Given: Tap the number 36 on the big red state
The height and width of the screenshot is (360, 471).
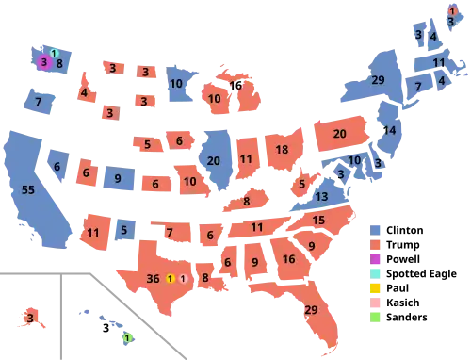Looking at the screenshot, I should (154, 278).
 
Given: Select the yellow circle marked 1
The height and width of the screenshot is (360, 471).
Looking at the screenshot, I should (170, 278).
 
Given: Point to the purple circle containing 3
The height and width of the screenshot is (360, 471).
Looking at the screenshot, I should (43, 63).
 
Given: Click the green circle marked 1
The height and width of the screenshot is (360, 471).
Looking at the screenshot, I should (128, 337).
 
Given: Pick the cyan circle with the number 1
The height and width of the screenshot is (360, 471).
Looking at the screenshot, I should (54, 53).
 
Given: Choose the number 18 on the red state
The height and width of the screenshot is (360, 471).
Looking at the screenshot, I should (282, 150).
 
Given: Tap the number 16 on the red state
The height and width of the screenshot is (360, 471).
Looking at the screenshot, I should (288, 258).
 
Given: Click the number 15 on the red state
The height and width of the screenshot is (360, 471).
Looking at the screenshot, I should (318, 220).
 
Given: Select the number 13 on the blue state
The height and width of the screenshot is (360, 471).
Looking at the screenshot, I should (321, 197).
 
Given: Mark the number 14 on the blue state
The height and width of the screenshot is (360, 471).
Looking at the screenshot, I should (389, 130).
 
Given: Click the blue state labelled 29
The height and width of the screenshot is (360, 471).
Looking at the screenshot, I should (379, 80).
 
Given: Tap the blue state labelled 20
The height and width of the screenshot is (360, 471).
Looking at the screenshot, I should (214, 160).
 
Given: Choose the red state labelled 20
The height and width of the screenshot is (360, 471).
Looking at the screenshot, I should (339, 134).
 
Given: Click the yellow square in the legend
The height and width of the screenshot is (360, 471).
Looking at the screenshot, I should (377, 288).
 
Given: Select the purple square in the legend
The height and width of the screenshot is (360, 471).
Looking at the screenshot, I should (377, 258).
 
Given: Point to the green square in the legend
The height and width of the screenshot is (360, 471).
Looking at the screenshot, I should (377, 318).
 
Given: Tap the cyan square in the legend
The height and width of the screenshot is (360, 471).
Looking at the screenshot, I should (377, 273).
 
